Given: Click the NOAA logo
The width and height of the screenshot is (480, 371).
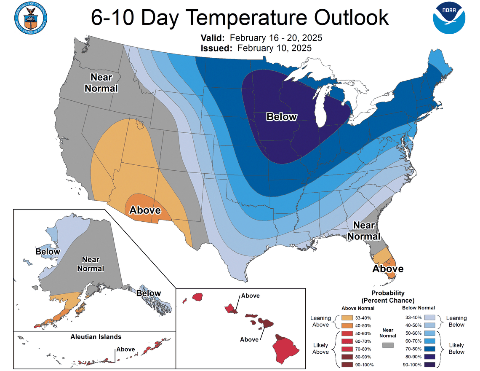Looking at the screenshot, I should click(449, 18).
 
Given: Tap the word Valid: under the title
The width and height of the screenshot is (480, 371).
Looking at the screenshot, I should click(215, 38).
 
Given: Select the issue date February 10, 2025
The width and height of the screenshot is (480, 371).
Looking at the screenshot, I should click(275, 48).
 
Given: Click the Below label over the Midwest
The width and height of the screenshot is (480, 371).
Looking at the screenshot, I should click(282, 117).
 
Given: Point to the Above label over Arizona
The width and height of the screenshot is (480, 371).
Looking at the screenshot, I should click(145, 210).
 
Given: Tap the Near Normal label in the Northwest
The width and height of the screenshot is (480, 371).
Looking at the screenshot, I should click(101, 83).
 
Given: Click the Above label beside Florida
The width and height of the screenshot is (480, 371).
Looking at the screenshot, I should click(388, 269).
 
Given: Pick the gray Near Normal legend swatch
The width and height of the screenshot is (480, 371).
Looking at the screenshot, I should click(388, 345).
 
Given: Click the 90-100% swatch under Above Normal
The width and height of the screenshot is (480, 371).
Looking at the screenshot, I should click(348, 365).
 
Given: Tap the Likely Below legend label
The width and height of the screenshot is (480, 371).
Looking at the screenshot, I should click(456, 348).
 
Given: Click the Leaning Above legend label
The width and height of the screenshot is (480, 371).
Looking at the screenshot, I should click(320, 321).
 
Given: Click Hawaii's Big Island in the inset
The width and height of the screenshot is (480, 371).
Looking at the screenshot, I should click(287, 349).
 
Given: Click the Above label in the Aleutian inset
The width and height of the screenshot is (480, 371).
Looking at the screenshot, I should click(125, 349).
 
